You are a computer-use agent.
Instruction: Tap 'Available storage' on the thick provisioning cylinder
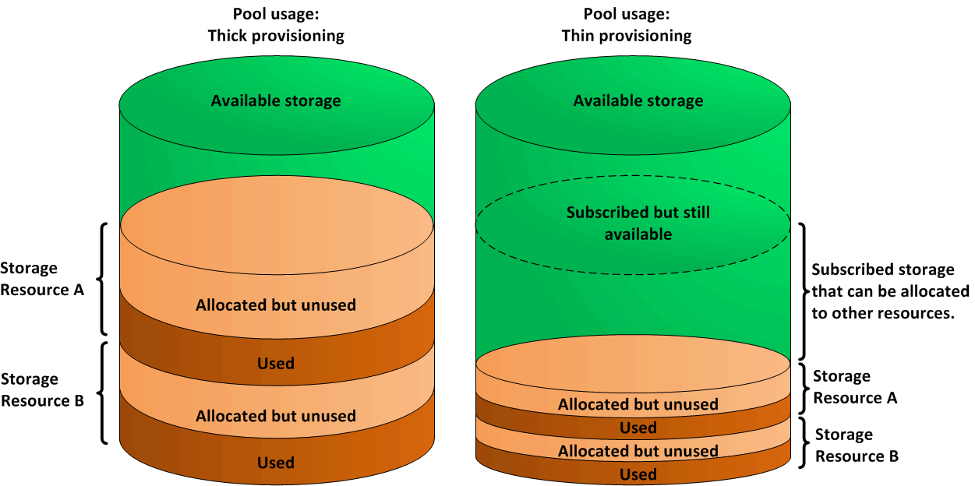(x=276, y=100)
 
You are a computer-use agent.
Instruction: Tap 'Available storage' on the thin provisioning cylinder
(x=638, y=100)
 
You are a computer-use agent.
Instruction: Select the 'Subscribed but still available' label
(x=638, y=223)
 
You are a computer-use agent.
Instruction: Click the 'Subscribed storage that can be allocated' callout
(x=890, y=291)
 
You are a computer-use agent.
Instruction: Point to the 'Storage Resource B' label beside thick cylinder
(x=41, y=390)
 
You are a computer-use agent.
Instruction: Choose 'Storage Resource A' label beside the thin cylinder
(x=855, y=387)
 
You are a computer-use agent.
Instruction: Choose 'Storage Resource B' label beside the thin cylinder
(x=857, y=445)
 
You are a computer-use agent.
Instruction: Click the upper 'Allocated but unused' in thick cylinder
(x=276, y=305)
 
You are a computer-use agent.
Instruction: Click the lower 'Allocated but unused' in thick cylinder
(x=276, y=416)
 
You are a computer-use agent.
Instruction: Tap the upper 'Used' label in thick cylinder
(x=276, y=363)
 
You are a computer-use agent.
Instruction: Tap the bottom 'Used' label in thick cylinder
(x=276, y=463)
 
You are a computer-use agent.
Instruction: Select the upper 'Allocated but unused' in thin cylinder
(x=638, y=404)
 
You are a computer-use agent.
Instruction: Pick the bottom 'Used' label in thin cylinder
(x=638, y=474)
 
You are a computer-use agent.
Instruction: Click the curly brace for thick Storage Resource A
(x=102, y=278)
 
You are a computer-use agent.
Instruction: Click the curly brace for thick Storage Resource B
(x=102, y=392)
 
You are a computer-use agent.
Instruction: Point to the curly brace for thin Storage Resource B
(x=802, y=443)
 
